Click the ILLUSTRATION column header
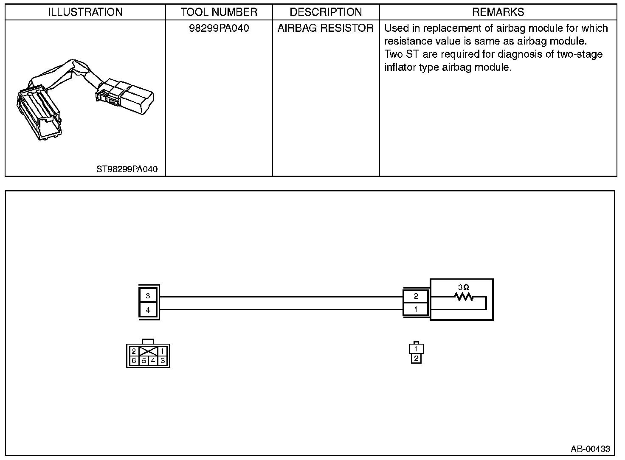(x=85, y=12)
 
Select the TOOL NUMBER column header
(x=219, y=12)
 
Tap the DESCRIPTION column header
(x=326, y=12)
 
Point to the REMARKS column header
(x=498, y=12)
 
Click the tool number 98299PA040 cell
(x=219, y=28)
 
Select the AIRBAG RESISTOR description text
(x=326, y=28)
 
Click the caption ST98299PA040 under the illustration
(x=127, y=169)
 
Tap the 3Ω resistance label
(x=463, y=287)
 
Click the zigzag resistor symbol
(x=464, y=297)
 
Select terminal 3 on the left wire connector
(x=148, y=296)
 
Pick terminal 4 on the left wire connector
(x=148, y=310)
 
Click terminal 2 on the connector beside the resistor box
(x=416, y=296)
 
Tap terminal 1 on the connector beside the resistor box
(x=416, y=309)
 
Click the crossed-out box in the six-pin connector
(x=148, y=351)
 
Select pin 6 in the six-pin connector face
(x=134, y=361)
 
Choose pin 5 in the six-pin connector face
(x=144, y=361)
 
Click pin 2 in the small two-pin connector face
(x=416, y=359)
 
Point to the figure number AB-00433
(x=590, y=449)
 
